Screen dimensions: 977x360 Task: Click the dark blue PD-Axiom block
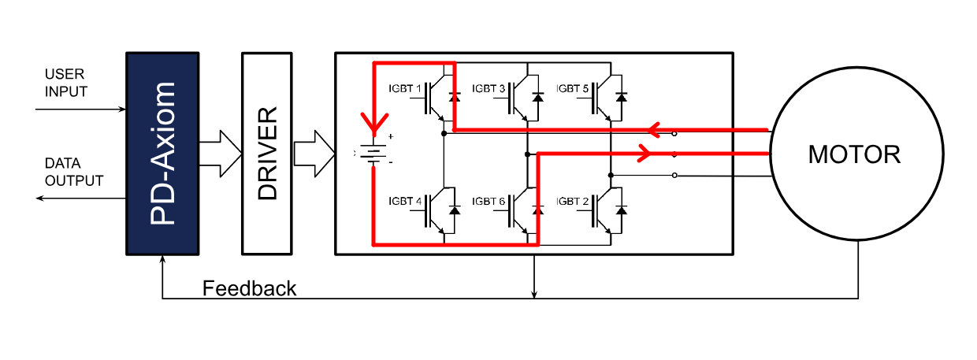pos(162,154)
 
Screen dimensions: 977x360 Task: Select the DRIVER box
pos(267,154)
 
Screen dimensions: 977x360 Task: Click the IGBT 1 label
pos(405,89)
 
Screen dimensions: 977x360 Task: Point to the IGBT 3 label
pos(488,89)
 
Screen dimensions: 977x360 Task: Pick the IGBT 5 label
pos(572,89)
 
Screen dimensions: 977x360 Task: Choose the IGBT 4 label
pos(405,202)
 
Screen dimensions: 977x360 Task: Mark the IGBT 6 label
pos(488,202)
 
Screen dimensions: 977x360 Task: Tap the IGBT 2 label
pos(572,202)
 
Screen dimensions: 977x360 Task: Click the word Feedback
pos(249,288)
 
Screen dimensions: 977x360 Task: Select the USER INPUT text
pos(66,83)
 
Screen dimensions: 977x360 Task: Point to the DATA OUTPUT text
pos(74,172)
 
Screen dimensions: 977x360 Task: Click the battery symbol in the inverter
pos(373,153)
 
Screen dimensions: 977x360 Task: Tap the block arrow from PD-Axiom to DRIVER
pos(221,154)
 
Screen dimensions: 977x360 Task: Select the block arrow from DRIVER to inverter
pos(314,154)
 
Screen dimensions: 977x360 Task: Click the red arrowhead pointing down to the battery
pos(374,124)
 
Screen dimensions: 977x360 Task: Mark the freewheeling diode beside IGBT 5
pos(621,97)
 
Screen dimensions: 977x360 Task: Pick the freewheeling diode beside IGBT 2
pos(621,210)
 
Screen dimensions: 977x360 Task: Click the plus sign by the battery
pos(391,136)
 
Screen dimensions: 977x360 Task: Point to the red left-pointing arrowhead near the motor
pos(653,129)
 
